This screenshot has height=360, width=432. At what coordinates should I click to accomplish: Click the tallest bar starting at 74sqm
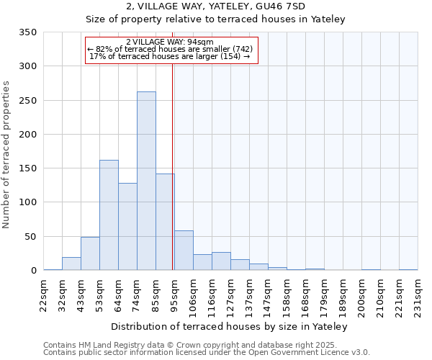[x=146, y=181]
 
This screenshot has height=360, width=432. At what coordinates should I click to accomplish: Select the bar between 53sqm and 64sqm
[x=109, y=215]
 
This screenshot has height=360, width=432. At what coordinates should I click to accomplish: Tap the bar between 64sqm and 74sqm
[x=127, y=227]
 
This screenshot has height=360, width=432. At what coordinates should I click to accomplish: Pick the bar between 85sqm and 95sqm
[x=165, y=222]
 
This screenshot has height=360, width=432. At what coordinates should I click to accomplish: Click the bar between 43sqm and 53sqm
[x=90, y=253]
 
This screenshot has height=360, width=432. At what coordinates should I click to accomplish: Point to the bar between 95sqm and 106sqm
[x=184, y=250]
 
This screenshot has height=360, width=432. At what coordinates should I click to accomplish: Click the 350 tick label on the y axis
[x=27, y=32]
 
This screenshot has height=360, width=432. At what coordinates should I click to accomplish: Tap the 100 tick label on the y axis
[x=27, y=202]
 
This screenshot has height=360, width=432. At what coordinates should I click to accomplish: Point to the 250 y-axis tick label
[x=27, y=100]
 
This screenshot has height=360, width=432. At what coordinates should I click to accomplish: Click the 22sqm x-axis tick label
[x=44, y=294]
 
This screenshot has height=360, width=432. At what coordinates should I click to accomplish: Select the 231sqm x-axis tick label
[x=418, y=294]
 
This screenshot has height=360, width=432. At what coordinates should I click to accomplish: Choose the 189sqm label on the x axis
[x=343, y=294]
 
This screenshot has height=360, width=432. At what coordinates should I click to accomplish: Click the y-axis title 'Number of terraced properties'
[x=6, y=155]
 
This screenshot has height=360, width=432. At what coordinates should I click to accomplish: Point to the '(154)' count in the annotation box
[x=230, y=56]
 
